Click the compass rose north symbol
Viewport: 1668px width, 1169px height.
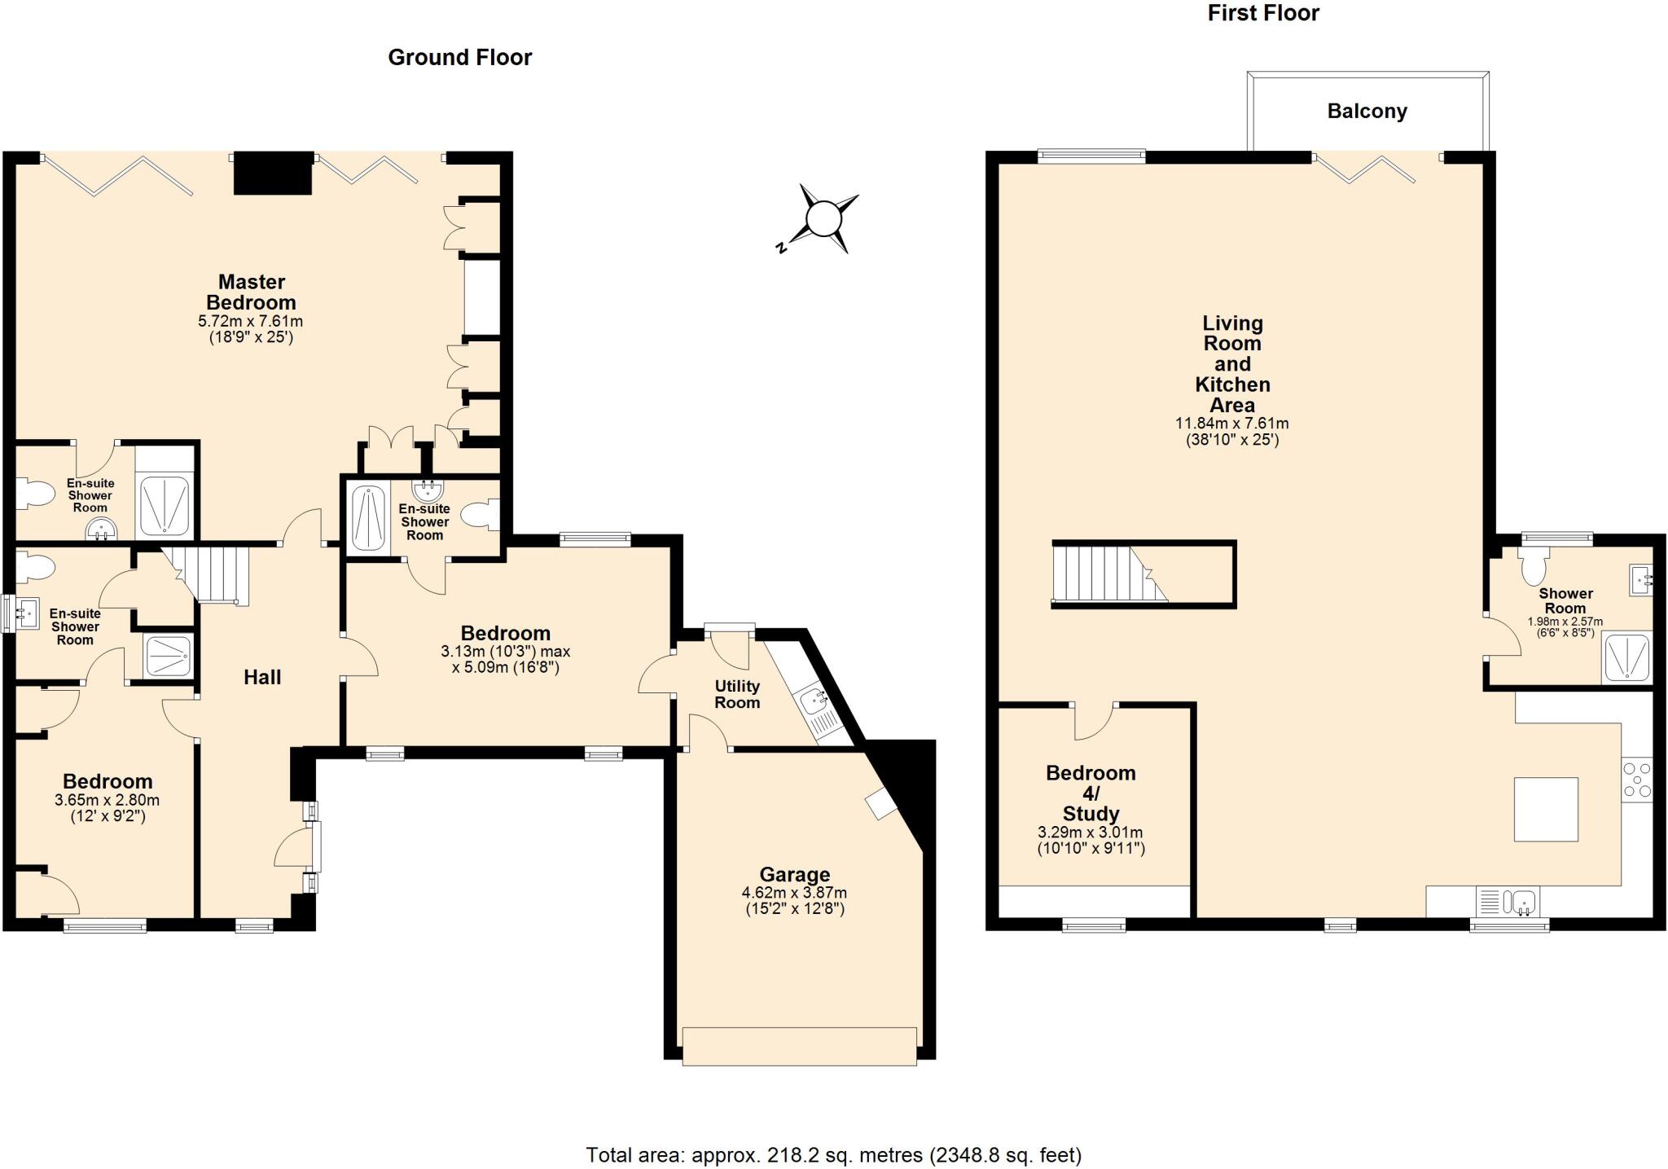(822, 219)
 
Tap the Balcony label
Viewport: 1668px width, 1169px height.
(1367, 112)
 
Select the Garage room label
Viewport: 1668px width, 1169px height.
(794, 875)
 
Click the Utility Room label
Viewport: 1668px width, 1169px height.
(737, 694)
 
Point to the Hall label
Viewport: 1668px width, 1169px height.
(262, 677)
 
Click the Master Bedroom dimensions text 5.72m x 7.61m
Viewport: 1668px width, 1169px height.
(251, 322)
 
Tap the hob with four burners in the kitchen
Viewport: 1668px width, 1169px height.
(1636, 780)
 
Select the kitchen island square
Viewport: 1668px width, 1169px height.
(1545, 809)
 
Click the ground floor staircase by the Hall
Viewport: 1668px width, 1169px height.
(210, 575)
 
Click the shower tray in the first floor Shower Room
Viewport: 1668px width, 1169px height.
(1626, 657)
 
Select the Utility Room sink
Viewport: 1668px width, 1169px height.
(814, 700)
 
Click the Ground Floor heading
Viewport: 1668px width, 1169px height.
(459, 58)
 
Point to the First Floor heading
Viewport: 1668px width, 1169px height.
(1262, 14)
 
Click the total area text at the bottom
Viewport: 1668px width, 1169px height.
(833, 1155)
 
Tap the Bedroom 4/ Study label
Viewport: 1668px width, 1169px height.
(1091, 793)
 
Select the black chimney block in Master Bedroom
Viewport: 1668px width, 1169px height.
(273, 173)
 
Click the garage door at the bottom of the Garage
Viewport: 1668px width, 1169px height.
(799, 1046)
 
